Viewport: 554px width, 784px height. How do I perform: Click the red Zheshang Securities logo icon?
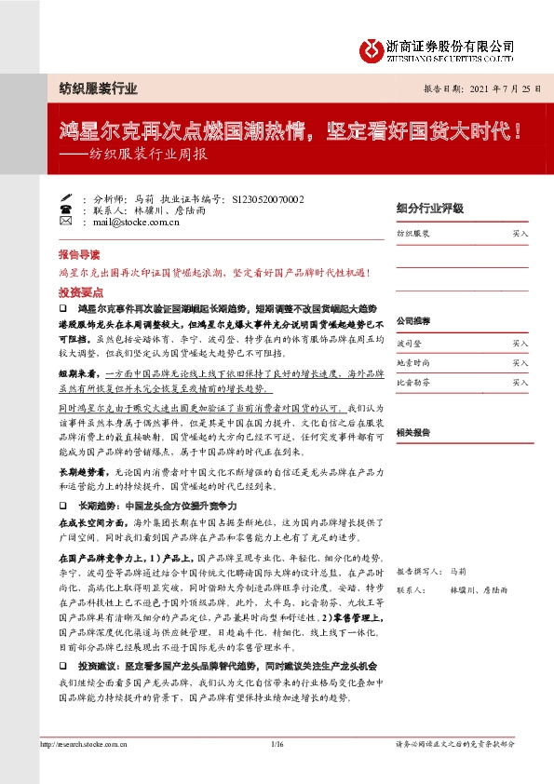[373, 48]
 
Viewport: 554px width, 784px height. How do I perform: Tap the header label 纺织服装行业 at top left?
[91, 89]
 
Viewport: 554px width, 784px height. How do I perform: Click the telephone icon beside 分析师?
[65, 198]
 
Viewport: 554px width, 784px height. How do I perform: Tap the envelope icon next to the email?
[65, 223]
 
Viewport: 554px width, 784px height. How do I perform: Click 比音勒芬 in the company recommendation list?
[413, 382]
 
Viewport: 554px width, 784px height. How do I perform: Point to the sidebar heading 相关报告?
[412, 433]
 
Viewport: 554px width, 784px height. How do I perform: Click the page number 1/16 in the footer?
[277, 745]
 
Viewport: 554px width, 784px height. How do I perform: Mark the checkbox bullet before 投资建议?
[62, 669]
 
